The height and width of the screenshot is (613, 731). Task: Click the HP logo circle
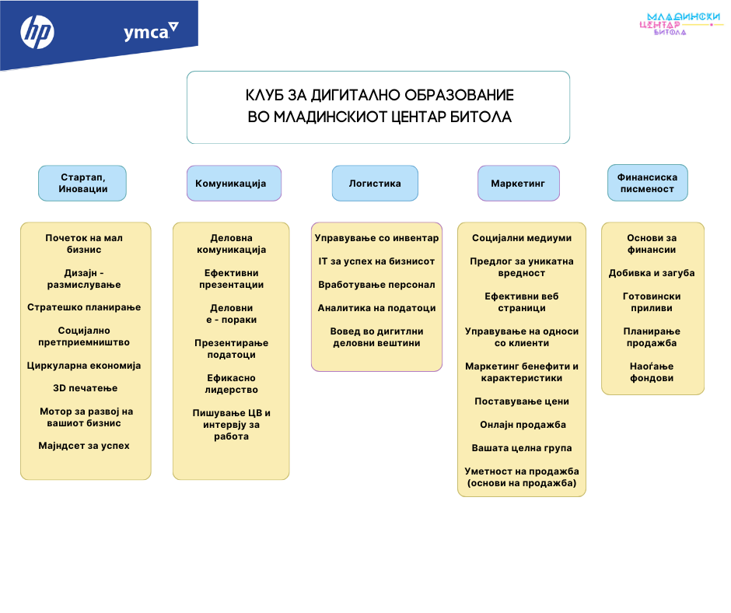37,32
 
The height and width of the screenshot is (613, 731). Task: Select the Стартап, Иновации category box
82,183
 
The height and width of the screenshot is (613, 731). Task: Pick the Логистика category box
375,184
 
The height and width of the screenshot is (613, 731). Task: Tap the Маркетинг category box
518,184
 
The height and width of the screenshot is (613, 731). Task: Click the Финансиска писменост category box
647,183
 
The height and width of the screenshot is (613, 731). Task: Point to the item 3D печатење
85,388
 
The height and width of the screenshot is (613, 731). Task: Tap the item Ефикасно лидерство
232,384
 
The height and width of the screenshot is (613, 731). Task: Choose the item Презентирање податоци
232,349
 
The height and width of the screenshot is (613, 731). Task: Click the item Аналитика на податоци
376,308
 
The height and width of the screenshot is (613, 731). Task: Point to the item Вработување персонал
376,285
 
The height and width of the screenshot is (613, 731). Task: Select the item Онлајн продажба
522,425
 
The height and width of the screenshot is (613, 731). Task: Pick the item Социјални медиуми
522,238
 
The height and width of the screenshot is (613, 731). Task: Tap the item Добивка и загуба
652,273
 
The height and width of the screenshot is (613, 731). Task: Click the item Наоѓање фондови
652,372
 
